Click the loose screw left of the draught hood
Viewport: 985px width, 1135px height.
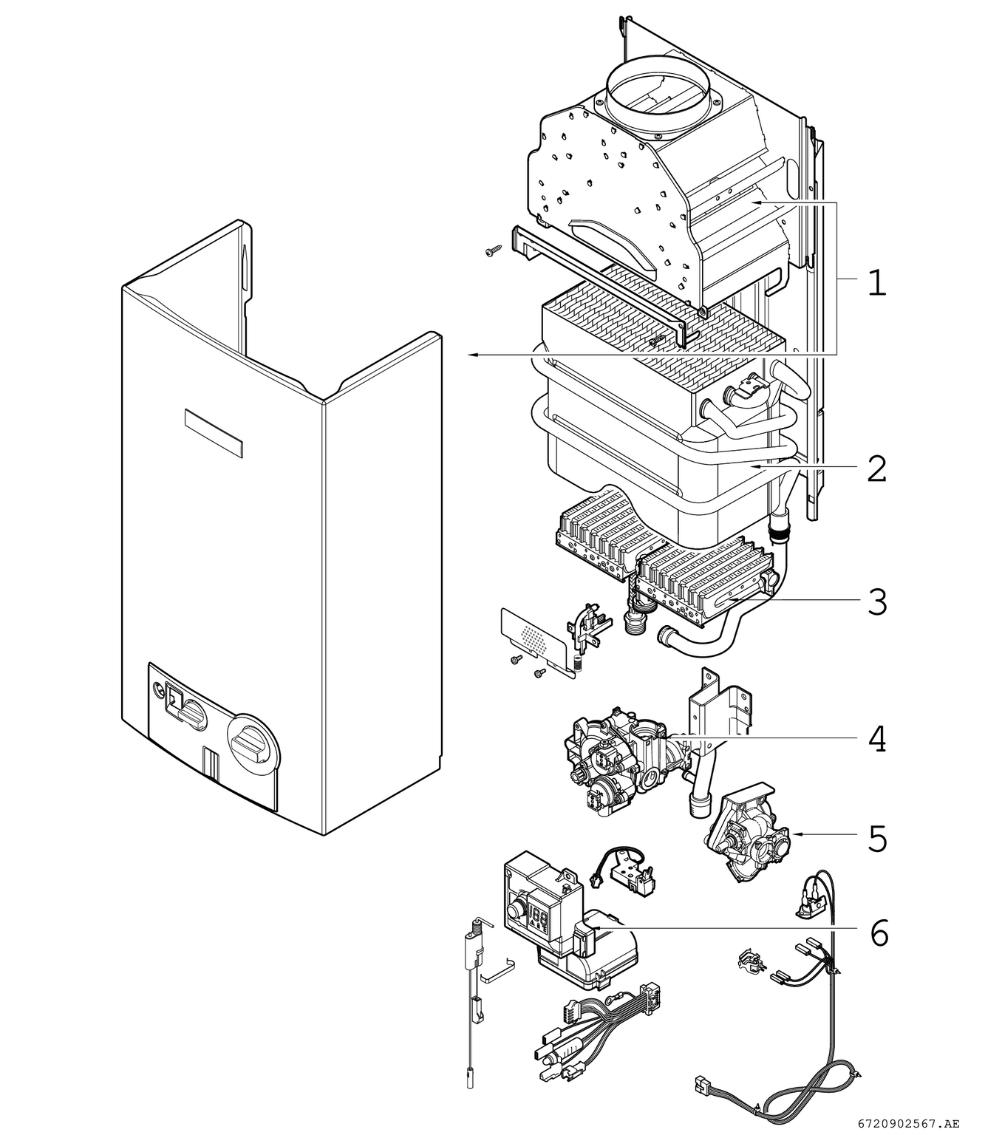(x=493, y=253)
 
